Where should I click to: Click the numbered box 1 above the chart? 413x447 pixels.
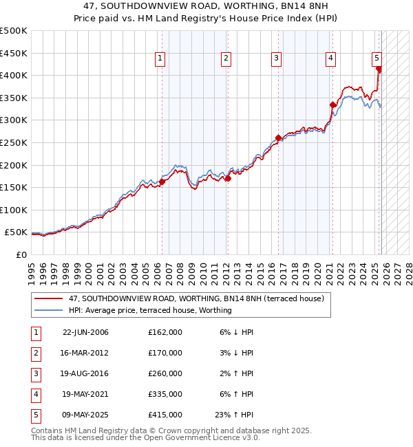click(160, 59)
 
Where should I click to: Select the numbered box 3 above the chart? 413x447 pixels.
click(276, 59)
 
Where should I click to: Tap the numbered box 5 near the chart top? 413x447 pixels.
click(377, 59)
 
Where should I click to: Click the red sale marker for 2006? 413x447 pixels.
click(162, 182)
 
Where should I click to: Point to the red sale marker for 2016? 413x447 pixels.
click(278, 138)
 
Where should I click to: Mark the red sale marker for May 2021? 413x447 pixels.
click(332, 105)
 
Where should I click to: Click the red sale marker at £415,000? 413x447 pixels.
click(379, 69)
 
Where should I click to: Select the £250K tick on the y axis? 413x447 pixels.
click(14, 142)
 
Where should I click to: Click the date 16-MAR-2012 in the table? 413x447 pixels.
click(85, 353)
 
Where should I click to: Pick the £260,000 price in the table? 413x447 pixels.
click(165, 373)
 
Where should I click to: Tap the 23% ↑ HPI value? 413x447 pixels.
click(235, 415)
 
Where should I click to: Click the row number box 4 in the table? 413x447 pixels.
click(35, 394)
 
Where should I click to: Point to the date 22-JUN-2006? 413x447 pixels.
click(85, 332)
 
